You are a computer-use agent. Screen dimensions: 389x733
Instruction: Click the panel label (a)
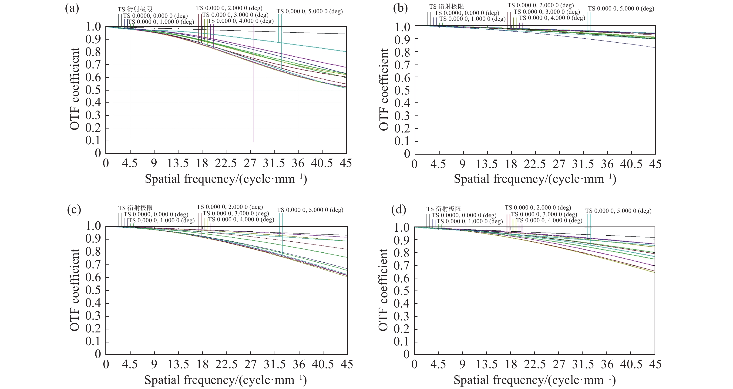click(x=72, y=9)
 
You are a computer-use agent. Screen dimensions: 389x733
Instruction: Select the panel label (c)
click(x=74, y=210)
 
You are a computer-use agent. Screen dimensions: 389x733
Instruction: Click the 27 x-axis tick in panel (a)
click(x=250, y=163)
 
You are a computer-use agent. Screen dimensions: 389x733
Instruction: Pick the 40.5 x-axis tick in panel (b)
click(x=631, y=164)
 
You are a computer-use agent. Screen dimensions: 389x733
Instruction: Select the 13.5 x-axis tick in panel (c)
click(x=178, y=365)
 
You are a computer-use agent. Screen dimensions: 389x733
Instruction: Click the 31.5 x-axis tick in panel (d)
click(x=583, y=365)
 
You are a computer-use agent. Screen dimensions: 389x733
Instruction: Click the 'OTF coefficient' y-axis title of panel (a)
click(x=74, y=89)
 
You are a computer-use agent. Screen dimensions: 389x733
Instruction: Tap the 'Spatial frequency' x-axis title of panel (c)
click(x=226, y=380)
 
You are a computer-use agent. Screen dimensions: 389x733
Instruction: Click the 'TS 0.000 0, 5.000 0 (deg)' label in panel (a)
click(x=309, y=11)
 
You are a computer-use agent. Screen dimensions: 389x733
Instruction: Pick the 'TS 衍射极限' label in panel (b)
click(x=447, y=6)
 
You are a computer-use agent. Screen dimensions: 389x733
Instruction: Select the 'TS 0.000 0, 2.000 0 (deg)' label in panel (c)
click(x=230, y=207)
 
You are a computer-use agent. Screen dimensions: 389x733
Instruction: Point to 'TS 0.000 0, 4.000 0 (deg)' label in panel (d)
click(x=549, y=220)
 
